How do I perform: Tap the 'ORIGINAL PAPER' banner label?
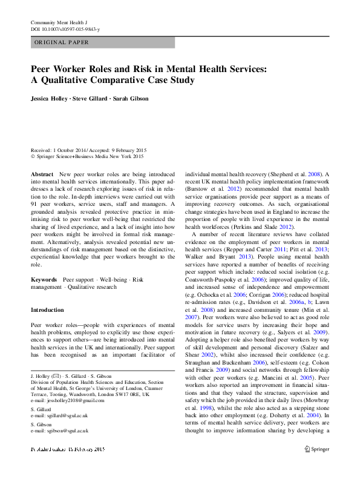click(x=62, y=42)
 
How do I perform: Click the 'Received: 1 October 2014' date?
click(x=58, y=150)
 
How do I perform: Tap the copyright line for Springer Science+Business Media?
click(x=87, y=156)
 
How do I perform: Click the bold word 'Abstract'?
click(x=42, y=174)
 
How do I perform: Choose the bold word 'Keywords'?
click(x=44, y=279)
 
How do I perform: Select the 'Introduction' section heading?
click(x=47, y=310)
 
